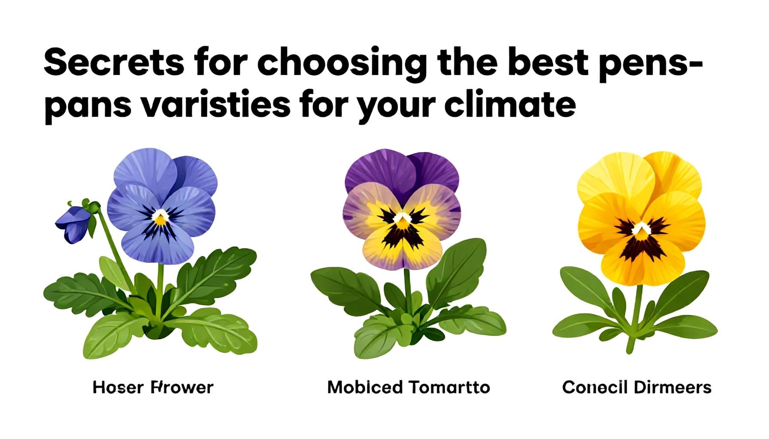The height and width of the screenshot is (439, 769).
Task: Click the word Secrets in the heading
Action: pos(114,63)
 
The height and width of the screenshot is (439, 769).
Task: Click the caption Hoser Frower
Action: pos(153,388)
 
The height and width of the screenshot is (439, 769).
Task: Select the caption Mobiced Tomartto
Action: pos(408,388)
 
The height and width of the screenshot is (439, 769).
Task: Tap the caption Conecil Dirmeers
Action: pos(636,388)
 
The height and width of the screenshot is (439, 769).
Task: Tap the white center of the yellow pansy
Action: pos(641,228)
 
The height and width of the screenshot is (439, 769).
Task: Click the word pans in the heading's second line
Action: pos(88,106)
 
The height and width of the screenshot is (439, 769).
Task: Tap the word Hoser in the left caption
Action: pos(118,388)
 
